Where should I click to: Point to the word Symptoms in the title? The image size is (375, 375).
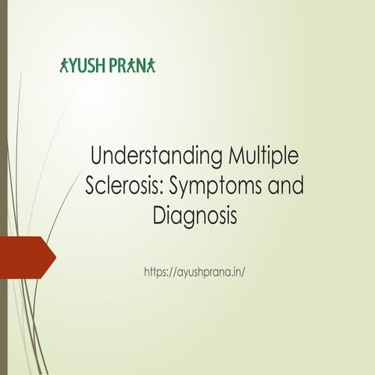click(x=212, y=186)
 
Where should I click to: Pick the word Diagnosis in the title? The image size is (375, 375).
click(x=195, y=216)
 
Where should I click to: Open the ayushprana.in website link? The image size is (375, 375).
click(x=195, y=272)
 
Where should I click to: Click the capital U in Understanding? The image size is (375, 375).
click(x=98, y=156)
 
